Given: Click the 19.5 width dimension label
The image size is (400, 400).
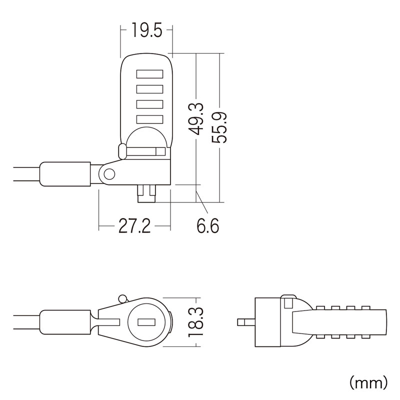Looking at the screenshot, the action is coord(146,30).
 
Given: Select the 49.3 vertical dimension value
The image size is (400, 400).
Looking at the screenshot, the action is coord(196,118).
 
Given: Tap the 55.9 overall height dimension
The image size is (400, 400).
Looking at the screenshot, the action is coord(219,127).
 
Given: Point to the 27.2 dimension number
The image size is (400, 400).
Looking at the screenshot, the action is coord(134,226).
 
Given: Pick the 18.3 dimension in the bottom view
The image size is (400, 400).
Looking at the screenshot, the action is coord(196,322).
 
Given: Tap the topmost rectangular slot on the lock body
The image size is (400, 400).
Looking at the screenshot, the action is coord(149,74).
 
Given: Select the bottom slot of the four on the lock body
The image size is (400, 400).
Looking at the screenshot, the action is coord(149,119).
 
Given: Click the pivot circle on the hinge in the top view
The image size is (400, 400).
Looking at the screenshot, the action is coord(109,174).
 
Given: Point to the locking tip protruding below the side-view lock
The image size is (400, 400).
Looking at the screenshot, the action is coord(146,193).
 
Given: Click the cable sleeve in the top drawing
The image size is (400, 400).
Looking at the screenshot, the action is coord(65,174).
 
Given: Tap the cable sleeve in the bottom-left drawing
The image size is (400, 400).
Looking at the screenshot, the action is coord(65,322).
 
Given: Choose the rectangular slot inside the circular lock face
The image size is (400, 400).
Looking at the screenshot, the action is coord(146,322).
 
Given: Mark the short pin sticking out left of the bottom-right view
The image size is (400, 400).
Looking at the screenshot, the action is coord(246,322).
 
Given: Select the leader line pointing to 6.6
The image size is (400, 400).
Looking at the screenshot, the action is coord(201,201).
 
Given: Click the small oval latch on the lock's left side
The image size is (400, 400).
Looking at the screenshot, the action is coord(122,151).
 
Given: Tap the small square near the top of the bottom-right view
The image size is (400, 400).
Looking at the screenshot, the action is coord(288,303).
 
